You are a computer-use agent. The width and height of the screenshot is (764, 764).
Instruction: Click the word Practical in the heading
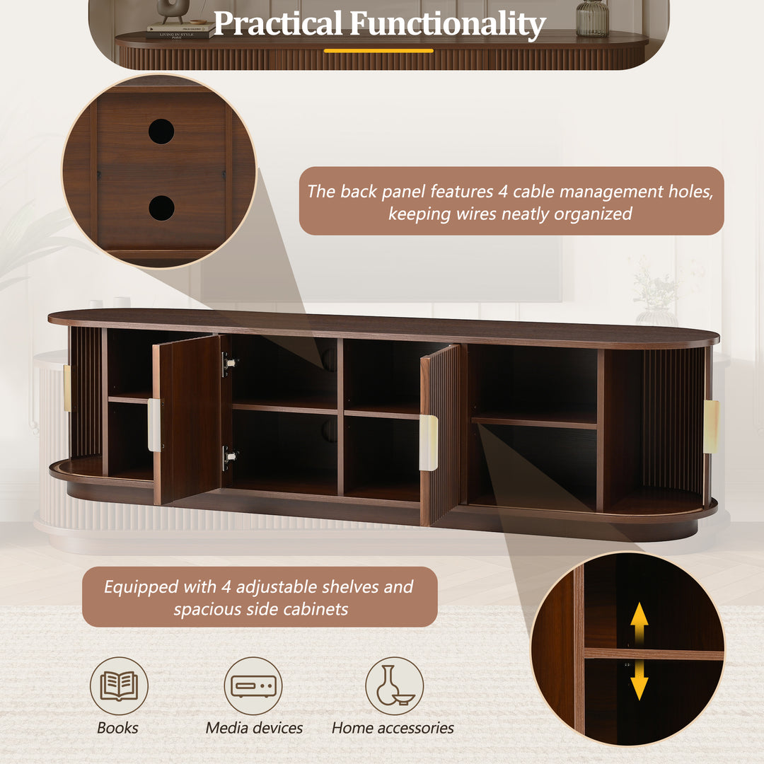pos(278,23)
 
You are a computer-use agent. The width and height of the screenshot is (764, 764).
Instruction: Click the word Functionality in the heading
pos(447,24)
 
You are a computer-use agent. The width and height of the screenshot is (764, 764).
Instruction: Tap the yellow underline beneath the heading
pos(378,51)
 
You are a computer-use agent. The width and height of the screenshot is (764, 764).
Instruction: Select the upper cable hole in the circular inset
pos(161,131)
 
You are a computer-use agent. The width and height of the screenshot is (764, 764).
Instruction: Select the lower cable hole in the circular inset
pos(161,208)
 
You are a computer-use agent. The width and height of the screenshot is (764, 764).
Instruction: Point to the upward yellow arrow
pos(639,623)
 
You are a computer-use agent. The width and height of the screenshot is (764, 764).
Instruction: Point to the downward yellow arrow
pos(639,681)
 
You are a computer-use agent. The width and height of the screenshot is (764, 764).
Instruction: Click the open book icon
pos(119,685)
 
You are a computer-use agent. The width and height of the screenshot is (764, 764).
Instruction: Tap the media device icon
pos(253,685)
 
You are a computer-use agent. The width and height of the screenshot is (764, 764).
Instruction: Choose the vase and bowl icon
pos(394,685)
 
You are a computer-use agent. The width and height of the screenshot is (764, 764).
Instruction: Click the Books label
pos(117,728)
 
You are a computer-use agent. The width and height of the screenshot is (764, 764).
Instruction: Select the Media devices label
pos(254,728)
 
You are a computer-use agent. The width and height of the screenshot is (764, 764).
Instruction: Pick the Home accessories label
pos(393,728)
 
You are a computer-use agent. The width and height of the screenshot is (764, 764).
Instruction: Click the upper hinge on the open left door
pos(228,364)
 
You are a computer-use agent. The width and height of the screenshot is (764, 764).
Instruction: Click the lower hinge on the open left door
pos(228,458)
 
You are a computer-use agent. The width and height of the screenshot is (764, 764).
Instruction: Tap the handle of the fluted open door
pos(428,443)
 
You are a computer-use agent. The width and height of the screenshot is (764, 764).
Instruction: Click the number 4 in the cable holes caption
pos(503,192)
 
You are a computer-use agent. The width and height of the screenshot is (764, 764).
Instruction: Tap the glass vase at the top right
pos(592,18)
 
